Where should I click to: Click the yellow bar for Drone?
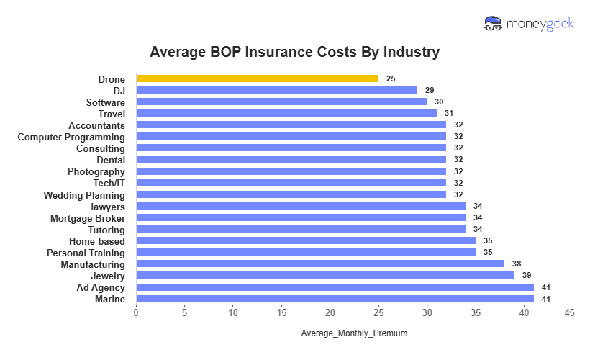(x=257, y=78)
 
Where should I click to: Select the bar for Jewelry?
(x=325, y=275)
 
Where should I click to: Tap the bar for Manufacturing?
(x=320, y=264)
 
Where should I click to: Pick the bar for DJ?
(x=276, y=90)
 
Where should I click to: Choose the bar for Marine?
(x=335, y=298)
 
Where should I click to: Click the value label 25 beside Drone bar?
(x=391, y=78)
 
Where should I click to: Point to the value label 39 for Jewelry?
(x=527, y=275)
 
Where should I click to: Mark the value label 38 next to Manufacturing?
(x=517, y=264)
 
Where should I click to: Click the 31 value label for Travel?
(x=449, y=113)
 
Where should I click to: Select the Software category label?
(x=105, y=102)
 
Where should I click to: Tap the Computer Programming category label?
(x=71, y=137)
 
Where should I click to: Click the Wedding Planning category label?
(x=84, y=195)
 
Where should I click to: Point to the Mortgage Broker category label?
(x=87, y=218)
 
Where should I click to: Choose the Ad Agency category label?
(x=101, y=287)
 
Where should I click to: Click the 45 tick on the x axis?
(x=572, y=313)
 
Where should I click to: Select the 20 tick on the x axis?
(x=330, y=313)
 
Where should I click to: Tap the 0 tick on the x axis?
(x=136, y=313)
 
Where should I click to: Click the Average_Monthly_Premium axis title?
(x=354, y=333)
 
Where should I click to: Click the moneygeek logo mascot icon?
(x=494, y=24)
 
